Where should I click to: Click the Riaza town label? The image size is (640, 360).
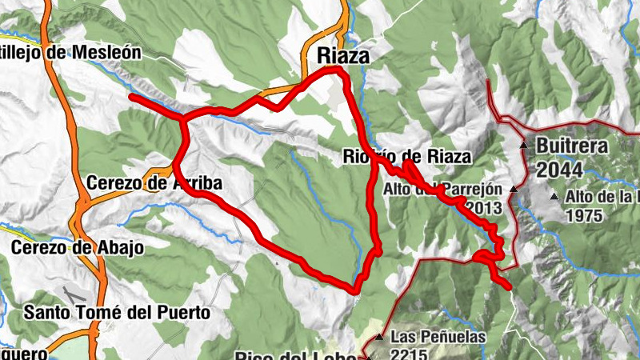click(343, 55)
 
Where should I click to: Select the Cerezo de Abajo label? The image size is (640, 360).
click(77, 247)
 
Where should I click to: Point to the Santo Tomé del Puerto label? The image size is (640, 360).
click(117, 311)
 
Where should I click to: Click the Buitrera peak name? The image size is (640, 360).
click(573, 146)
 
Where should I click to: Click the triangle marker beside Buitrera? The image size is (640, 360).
click(523, 146)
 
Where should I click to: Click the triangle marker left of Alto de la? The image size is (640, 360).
click(554, 196)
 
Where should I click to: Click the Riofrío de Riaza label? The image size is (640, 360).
click(406, 156)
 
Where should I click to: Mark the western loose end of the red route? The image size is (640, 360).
click(131, 96)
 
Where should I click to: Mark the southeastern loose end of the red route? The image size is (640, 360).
click(508, 286)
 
